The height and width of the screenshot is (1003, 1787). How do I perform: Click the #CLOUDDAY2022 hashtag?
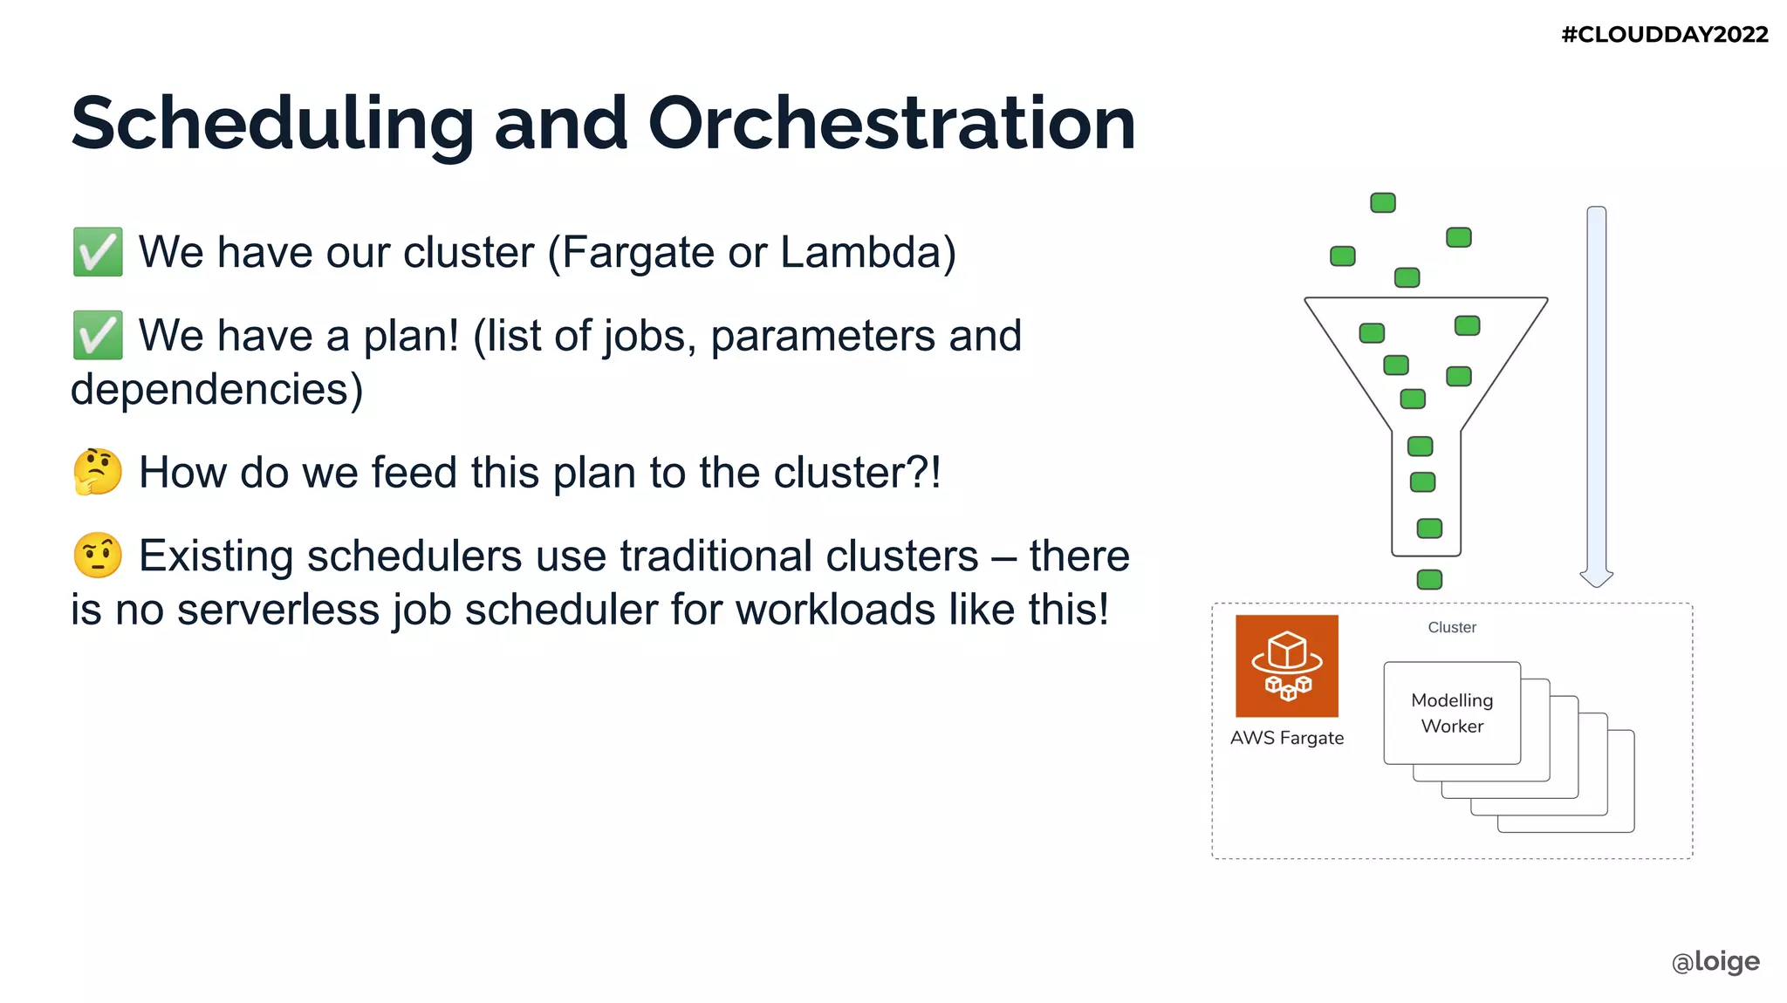[1664, 35]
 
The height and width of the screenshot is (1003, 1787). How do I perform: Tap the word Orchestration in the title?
[891, 124]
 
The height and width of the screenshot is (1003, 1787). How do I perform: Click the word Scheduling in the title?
[272, 124]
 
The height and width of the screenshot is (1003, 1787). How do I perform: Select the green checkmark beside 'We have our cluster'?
[98, 252]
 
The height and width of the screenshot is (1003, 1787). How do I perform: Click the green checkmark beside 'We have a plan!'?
[98, 336]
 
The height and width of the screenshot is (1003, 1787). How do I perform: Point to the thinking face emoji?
[98, 472]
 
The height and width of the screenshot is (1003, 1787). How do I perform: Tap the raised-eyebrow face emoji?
[98, 556]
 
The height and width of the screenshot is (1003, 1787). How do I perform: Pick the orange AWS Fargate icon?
[1286, 666]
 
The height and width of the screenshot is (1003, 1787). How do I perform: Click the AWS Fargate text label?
[1286, 738]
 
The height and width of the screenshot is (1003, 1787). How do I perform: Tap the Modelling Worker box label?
[1452, 713]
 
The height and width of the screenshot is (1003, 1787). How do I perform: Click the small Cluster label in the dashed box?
[1452, 627]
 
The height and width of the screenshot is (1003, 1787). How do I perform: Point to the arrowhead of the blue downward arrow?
[1596, 578]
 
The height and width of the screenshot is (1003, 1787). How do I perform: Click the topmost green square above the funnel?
[1383, 203]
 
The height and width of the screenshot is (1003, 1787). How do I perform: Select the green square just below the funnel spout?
[1429, 579]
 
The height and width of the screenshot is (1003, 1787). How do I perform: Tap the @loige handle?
[1715, 961]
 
